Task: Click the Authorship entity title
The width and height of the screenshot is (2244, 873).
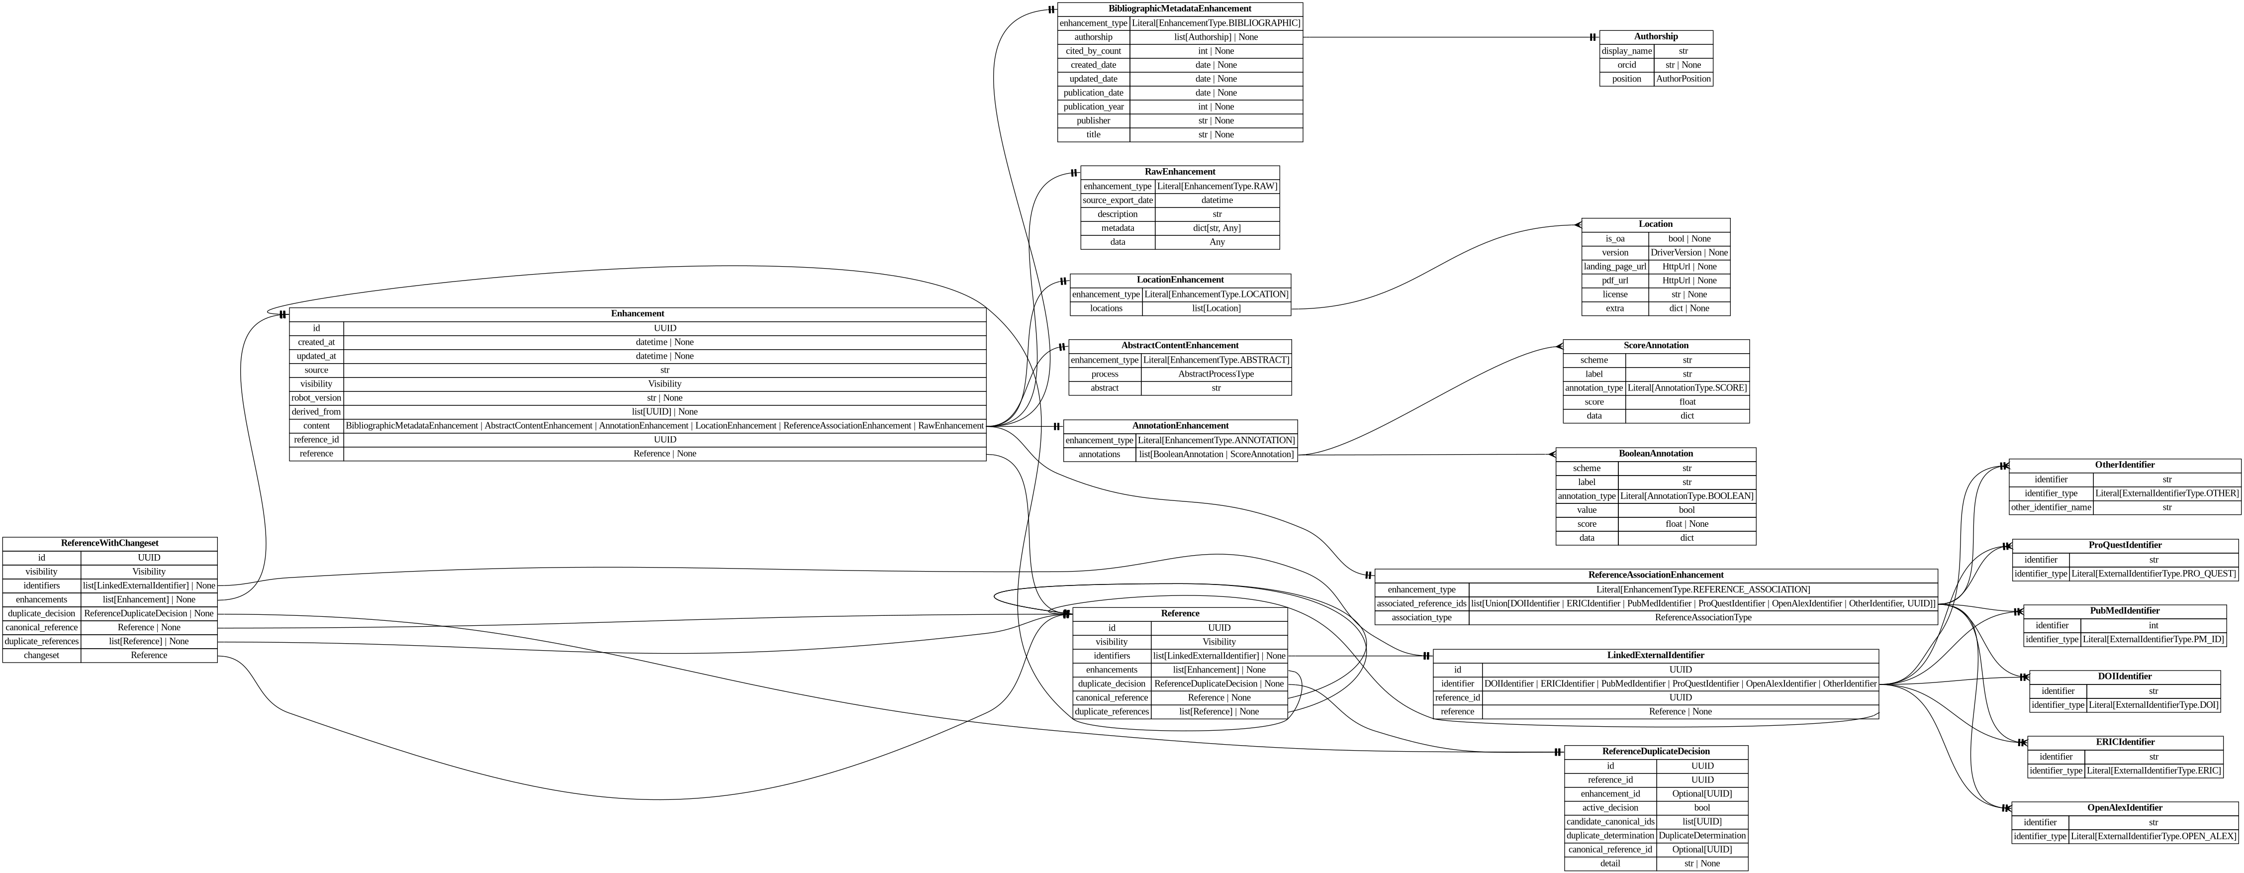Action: (x=1655, y=37)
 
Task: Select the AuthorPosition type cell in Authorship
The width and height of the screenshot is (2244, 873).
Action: (x=1683, y=79)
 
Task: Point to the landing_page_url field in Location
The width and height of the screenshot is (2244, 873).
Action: (x=1614, y=267)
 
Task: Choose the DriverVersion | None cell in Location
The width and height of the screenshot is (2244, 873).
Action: (x=1688, y=253)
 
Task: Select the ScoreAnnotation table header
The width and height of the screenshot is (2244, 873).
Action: (x=1655, y=346)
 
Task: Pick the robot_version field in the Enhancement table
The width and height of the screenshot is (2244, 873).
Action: (x=316, y=398)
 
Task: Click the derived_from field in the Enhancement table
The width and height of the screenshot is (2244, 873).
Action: (x=316, y=412)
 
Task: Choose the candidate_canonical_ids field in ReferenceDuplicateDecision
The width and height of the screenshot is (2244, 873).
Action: (x=1610, y=822)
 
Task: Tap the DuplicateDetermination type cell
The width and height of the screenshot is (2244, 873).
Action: (x=1701, y=836)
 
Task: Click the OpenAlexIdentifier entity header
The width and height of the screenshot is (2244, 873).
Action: (x=2124, y=808)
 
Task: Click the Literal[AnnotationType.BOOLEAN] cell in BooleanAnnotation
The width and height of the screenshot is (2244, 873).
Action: (x=1686, y=496)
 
